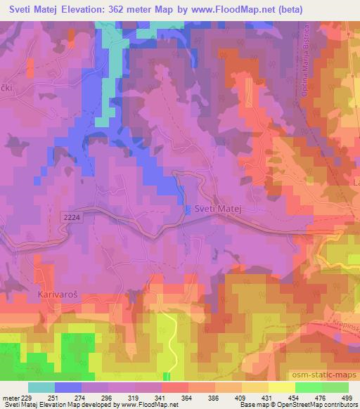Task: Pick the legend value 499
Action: click(x=347, y=397)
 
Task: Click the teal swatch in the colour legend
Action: click(x=41, y=387)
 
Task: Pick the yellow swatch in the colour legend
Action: click(x=281, y=387)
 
